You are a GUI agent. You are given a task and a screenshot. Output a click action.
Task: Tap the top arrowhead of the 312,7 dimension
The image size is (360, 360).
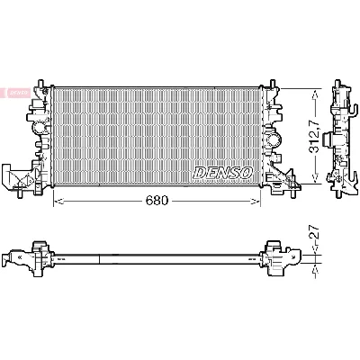pos(313,90)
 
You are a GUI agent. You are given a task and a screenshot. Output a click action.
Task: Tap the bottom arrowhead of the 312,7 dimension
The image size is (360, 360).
pos(313,181)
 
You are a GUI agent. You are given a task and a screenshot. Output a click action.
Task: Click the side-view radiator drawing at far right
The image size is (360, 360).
pos(343,135)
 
